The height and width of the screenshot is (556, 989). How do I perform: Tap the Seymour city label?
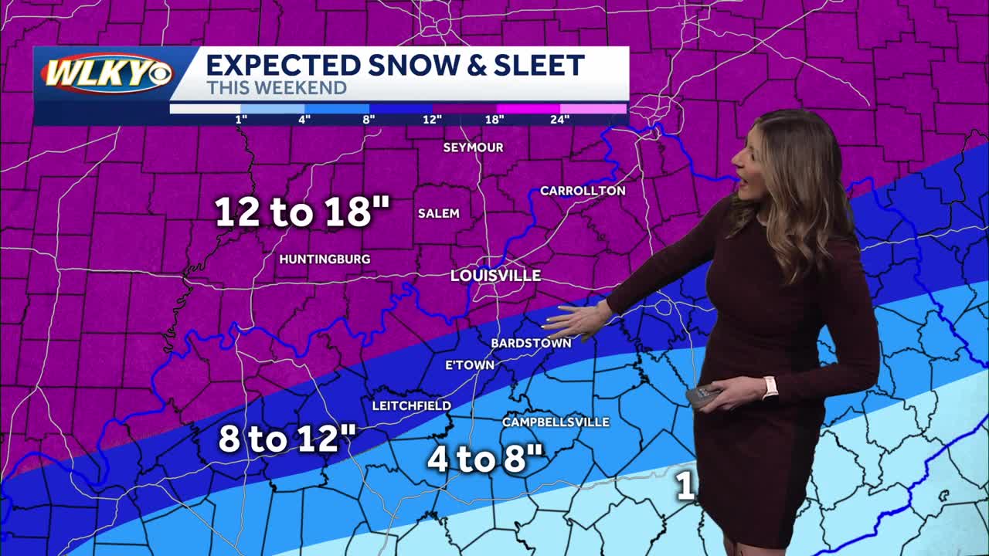coord(473,147)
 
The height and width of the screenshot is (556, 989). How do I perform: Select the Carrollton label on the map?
coord(583,191)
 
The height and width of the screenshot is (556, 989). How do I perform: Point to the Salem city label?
coord(438,213)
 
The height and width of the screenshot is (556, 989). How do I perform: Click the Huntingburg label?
coord(325,259)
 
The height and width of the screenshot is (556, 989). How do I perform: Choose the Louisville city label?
coord(495,276)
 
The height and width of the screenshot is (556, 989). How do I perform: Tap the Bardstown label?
coord(531,343)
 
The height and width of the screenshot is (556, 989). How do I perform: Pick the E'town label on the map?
coord(470,365)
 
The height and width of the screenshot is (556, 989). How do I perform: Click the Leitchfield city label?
coord(411,405)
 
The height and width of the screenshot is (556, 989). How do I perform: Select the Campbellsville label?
coord(556,422)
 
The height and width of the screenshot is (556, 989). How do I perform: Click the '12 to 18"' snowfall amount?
coord(302,212)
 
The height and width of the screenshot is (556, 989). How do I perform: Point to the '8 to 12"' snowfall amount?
coord(287,439)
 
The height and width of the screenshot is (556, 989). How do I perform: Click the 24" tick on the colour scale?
coord(560,119)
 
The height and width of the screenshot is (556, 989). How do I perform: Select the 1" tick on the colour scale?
coord(241,119)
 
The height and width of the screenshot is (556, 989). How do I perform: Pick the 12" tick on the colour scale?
coord(432,119)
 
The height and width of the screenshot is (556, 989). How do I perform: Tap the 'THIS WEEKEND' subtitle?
coord(277,88)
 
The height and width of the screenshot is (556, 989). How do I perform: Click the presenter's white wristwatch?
coord(770,387)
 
